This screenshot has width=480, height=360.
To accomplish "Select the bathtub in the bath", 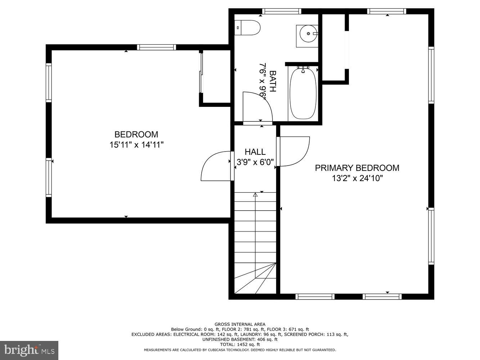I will pyautogui.click(x=303, y=94).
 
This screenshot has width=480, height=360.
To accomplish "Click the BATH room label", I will pyautogui.click(x=273, y=81).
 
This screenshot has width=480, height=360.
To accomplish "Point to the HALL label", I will pyautogui.click(x=255, y=152).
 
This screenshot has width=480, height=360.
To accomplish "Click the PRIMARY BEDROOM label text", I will pyautogui.click(x=357, y=168).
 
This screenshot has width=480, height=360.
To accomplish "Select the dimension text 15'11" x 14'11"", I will pyautogui.click(x=136, y=145).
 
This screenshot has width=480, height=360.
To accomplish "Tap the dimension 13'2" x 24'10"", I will pyautogui.click(x=357, y=178).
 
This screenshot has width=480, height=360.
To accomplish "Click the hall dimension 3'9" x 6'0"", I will pyautogui.click(x=255, y=162).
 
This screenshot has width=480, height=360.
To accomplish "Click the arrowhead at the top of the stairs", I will pyautogui.click(x=255, y=195).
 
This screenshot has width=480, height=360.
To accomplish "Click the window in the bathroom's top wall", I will pyautogui.click(x=282, y=11).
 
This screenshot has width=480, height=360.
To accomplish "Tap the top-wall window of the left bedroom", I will pyautogui.click(x=156, y=47).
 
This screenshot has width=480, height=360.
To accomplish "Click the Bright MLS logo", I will pyautogui.click(x=29, y=350).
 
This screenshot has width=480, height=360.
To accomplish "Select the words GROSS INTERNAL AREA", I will pyautogui.click(x=240, y=324).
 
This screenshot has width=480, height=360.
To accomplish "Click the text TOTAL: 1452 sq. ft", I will pyautogui.click(x=240, y=345).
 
